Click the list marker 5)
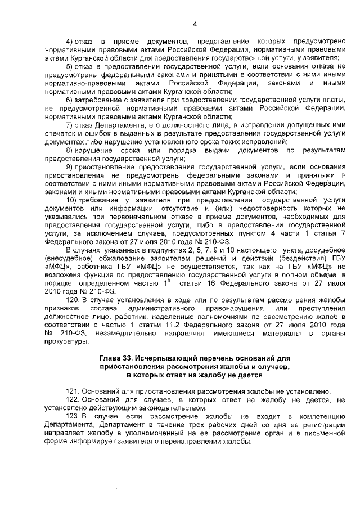pyautogui.click(x=70, y=66)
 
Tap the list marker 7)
pyautogui.click(x=70, y=125)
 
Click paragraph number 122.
pyautogui.click(x=74, y=400)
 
